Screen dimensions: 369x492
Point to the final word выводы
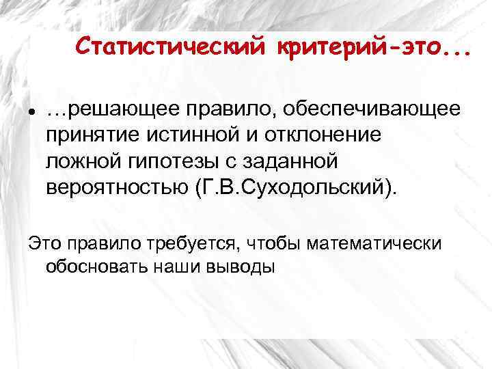click(x=242, y=266)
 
